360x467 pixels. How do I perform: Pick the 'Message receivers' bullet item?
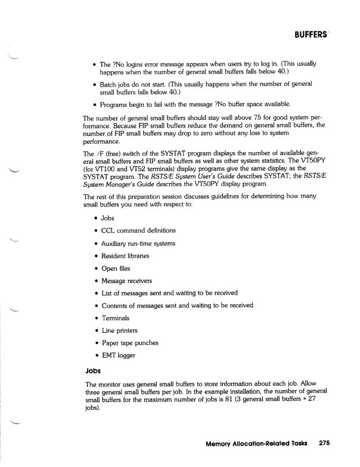pos(127,280)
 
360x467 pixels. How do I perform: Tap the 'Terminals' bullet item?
pos(116,318)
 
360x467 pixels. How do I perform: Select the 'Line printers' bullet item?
pos(120,330)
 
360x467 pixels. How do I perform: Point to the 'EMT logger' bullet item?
pos(119,355)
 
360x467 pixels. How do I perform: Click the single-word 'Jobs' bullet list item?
pos(107,218)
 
